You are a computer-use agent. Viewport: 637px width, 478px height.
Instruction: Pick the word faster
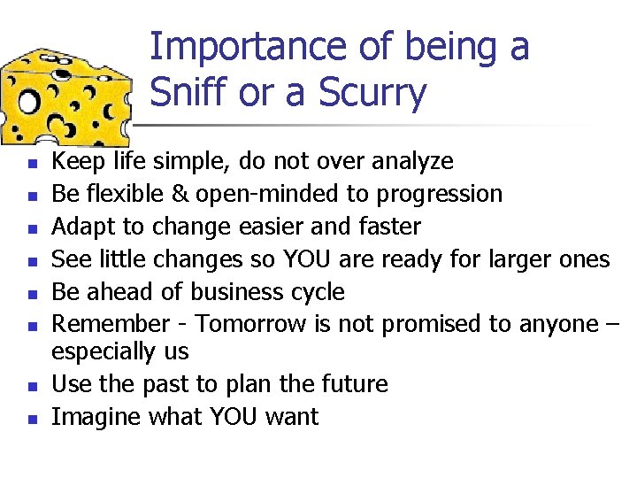tap(386, 227)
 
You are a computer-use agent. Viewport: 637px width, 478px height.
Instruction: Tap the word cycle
tap(318, 292)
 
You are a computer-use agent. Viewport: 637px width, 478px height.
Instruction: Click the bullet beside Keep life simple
tap(31, 164)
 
